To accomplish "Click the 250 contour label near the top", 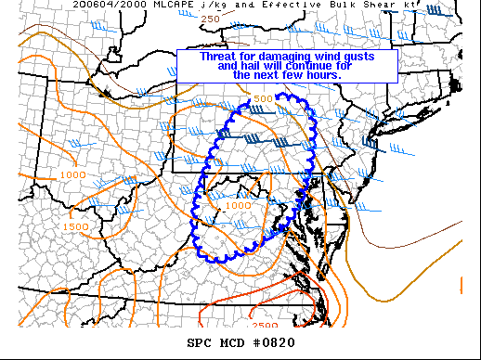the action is [x=210, y=19].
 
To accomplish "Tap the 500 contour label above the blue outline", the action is [x=263, y=99].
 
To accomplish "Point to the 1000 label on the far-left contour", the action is [x=71, y=174].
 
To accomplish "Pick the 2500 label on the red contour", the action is [x=265, y=325].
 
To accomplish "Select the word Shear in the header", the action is [x=363, y=6].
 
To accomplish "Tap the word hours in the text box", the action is [x=334, y=74].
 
